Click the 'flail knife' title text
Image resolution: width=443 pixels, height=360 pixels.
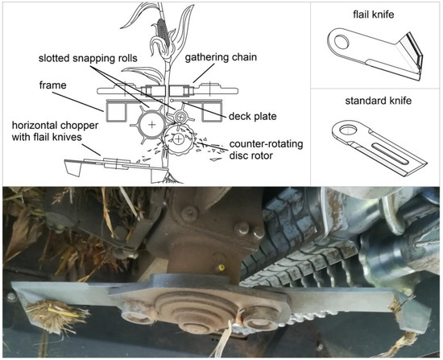point(373,14)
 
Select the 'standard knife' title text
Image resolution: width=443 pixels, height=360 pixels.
point(379,101)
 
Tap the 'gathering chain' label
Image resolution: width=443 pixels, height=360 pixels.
point(221,57)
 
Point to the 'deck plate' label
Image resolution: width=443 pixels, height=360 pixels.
point(253,116)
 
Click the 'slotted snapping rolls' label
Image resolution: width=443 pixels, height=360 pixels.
point(88,58)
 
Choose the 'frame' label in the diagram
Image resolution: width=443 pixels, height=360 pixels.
point(53,85)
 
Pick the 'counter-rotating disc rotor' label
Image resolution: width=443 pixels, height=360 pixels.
point(266,150)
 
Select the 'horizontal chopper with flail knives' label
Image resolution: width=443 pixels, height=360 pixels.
point(55,131)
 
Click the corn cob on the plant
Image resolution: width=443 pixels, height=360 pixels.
point(164,31)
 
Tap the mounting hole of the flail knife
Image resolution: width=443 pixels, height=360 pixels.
point(342,41)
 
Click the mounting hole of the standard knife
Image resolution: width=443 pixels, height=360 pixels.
point(349,130)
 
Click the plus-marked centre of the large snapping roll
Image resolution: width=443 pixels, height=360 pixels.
point(151,124)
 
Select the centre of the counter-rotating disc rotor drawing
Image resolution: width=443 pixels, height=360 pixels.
point(178,139)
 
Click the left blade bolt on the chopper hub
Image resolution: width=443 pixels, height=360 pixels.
point(135,318)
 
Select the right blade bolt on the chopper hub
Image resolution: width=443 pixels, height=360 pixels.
point(258,324)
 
